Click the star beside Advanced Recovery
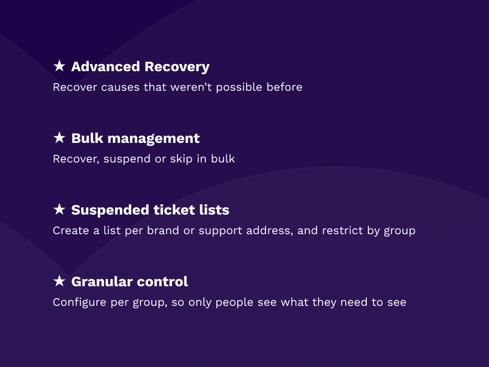[x=59, y=66]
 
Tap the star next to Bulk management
[x=59, y=138]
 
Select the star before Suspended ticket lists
[x=59, y=209]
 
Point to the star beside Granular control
[x=59, y=281]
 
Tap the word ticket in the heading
[x=170, y=210]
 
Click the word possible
[x=239, y=87]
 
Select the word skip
[x=181, y=159]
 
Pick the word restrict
[x=342, y=231]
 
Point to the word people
[x=234, y=302]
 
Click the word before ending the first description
[x=284, y=87]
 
